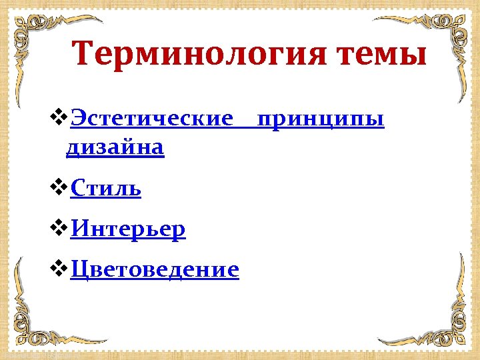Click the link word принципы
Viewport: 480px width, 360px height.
321,120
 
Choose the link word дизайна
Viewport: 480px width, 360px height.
115,147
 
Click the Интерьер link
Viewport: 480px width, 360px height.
128,229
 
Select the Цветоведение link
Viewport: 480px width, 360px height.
154,269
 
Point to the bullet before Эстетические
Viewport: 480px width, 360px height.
59,119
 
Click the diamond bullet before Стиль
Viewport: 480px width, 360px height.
59,189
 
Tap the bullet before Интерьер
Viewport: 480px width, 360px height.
59,229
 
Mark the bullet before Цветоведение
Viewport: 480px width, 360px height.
59,269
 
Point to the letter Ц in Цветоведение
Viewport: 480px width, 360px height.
78,270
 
